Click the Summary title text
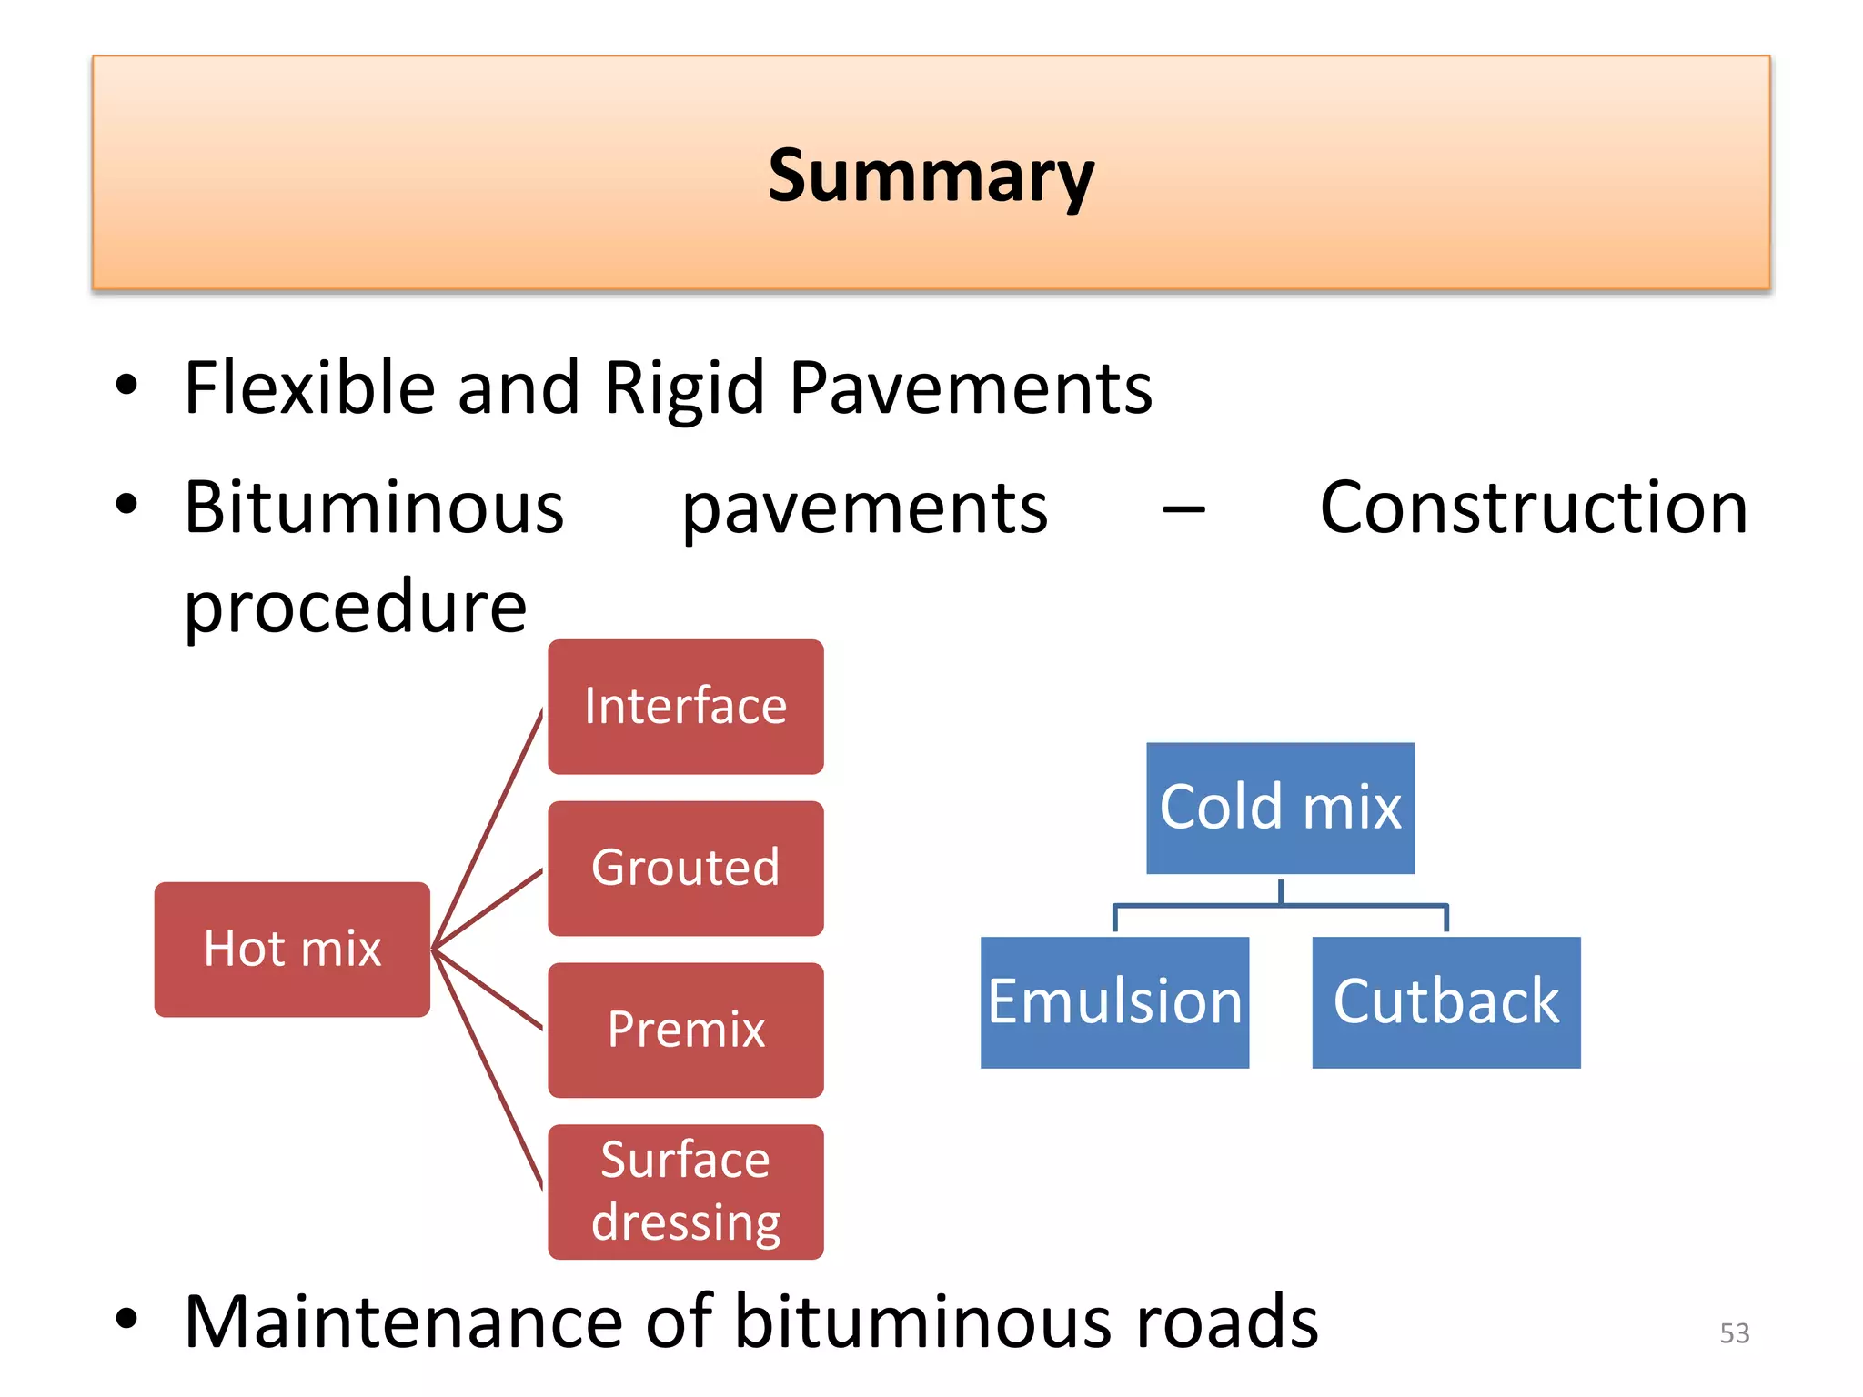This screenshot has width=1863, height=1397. click(x=931, y=176)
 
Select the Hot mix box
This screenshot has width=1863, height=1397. click(x=292, y=949)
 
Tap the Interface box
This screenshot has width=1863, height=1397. click(x=685, y=707)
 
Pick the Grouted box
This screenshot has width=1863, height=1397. click(x=685, y=868)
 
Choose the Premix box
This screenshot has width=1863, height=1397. click(x=685, y=1030)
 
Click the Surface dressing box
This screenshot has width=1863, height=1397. click(x=685, y=1191)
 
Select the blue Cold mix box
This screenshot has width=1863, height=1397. click(x=1280, y=808)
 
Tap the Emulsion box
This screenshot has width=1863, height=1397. click(x=1114, y=1002)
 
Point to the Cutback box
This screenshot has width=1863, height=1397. click(x=1445, y=1002)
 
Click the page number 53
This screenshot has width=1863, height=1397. click(x=1734, y=1333)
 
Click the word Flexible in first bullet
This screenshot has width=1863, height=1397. click(x=308, y=388)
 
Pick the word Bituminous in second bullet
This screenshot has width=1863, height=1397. click(x=374, y=508)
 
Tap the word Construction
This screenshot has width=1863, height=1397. click(x=1534, y=508)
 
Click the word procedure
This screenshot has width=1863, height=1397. click(x=355, y=607)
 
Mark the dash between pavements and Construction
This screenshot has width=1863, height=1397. click(x=1183, y=511)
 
